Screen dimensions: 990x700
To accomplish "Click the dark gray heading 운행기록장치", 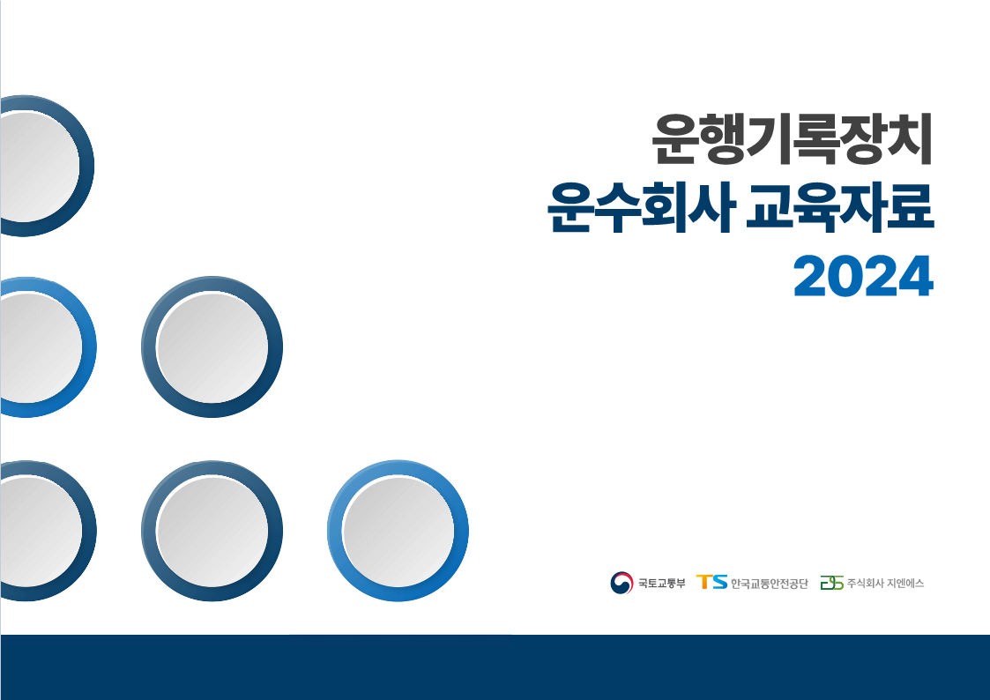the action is pos(793,139).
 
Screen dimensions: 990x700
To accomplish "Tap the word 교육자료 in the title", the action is pos(840,207).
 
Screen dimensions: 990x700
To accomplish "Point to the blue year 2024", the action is pos(863,276).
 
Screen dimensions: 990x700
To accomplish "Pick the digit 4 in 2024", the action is pos(916,276).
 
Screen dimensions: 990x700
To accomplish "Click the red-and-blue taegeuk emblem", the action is pos(622,583).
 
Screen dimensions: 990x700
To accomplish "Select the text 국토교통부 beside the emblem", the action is pos(661,584).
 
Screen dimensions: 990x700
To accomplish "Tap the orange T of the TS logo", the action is pos(703,582).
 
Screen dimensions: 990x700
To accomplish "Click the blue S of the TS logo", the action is pos(719,582).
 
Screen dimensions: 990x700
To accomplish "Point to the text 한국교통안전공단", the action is pos(769,584).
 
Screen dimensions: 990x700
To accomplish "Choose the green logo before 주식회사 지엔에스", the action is pos(831,583).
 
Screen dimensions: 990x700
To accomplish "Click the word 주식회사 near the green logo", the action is pos(865,584).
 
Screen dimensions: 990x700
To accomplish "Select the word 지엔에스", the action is pos(905,584).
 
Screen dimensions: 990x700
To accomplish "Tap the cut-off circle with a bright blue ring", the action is pos(89,347).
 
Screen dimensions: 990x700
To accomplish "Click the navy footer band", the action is pos(495,667).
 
